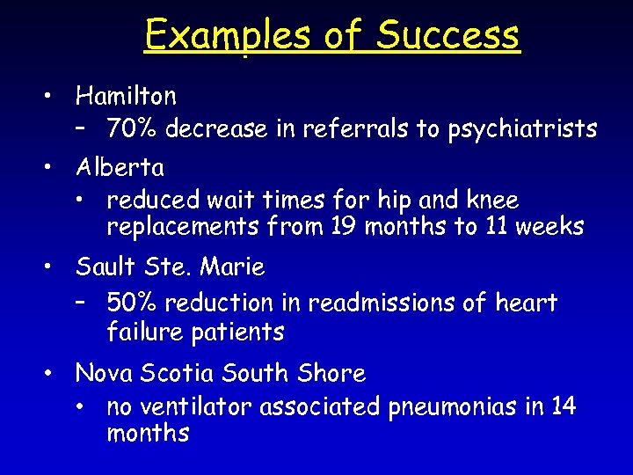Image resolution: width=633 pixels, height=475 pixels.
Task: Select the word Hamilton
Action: click(x=126, y=95)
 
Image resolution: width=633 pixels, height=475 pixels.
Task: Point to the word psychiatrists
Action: click(x=522, y=129)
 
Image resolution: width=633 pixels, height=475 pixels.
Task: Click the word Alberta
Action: click(x=120, y=166)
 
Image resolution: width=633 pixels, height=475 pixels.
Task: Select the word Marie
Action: click(x=232, y=266)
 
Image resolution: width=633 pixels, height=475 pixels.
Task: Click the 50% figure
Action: click(x=133, y=303)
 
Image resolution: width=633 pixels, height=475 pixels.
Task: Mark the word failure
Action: click(x=141, y=332)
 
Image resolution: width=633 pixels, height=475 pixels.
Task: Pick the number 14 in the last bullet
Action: click(x=564, y=407)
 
